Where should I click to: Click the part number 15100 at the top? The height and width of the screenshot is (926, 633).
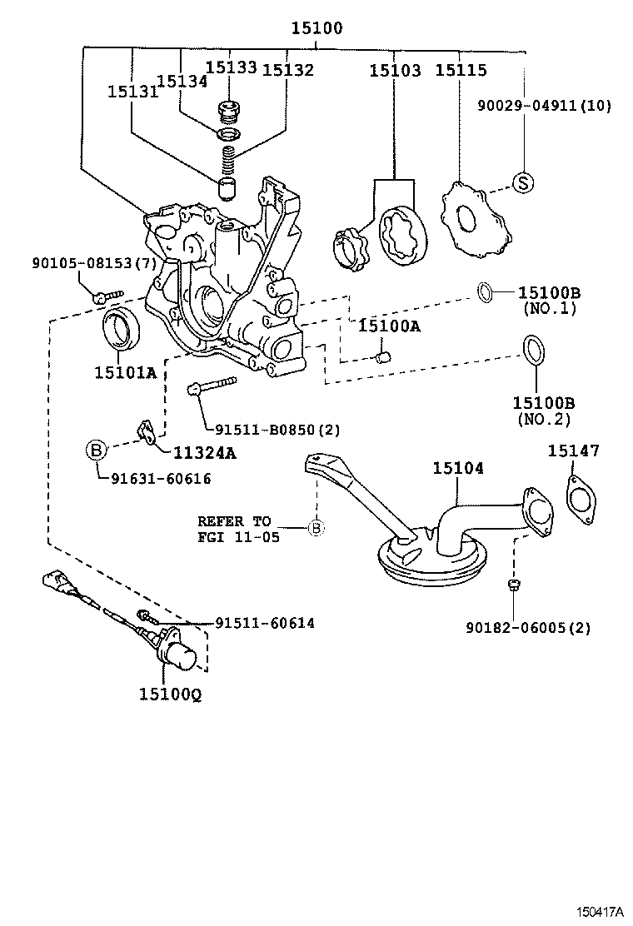(316, 28)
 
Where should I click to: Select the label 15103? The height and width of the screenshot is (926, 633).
(396, 71)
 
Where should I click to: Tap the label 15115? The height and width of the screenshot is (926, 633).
(461, 71)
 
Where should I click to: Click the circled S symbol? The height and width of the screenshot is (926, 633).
(521, 182)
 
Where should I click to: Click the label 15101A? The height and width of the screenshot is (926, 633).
(124, 372)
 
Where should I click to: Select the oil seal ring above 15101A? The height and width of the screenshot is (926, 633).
(122, 329)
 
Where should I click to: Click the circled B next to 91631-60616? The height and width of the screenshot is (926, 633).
(97, 451)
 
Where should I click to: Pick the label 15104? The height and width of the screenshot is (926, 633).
(457, 469)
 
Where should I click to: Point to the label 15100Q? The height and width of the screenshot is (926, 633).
(170, 693)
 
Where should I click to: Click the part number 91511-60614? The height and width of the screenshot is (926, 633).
(265, 622)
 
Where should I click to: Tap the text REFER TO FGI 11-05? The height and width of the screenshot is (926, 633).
(234, 529)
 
